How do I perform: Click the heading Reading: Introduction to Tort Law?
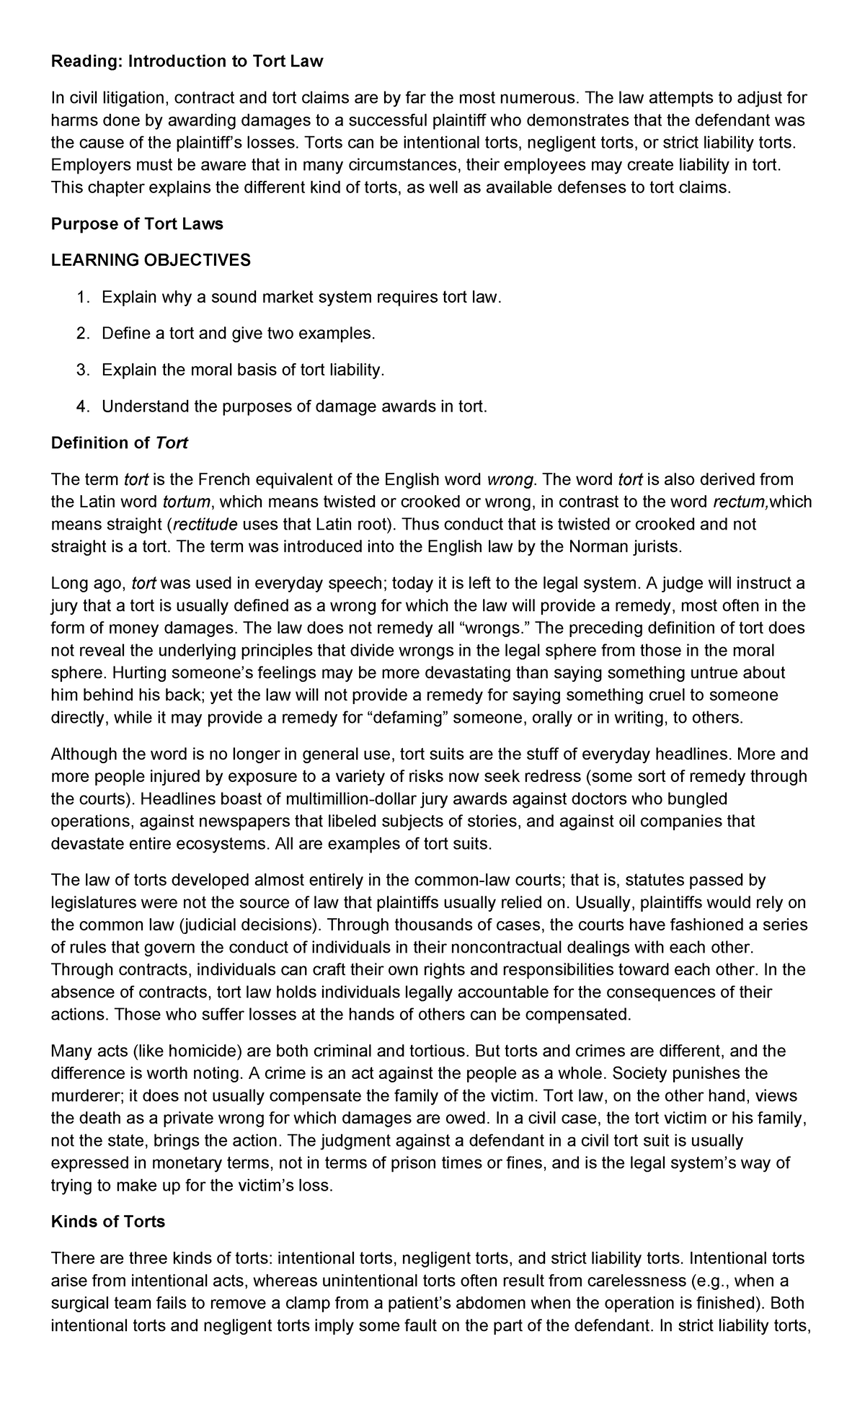[187, 62]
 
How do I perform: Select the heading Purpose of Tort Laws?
[137, 224]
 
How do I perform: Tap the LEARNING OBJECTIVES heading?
[151, 260]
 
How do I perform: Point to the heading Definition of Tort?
[120, 443]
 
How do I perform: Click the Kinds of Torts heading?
[108, 1221]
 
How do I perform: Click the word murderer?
[85, 1096]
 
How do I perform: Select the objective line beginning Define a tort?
[239, 334]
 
